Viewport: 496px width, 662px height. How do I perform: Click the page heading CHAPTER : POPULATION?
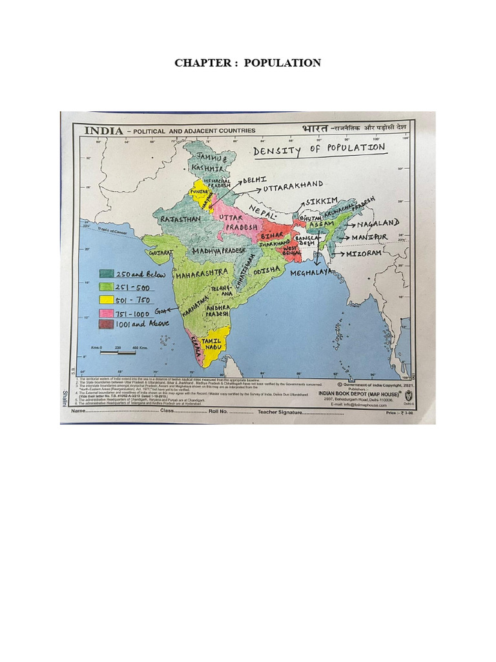(248, 63)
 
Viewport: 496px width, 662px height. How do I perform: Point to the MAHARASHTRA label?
(202, 273)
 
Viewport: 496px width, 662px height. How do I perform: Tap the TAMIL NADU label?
(211, 343)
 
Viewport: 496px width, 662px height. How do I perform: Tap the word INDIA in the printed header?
(103, 130)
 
